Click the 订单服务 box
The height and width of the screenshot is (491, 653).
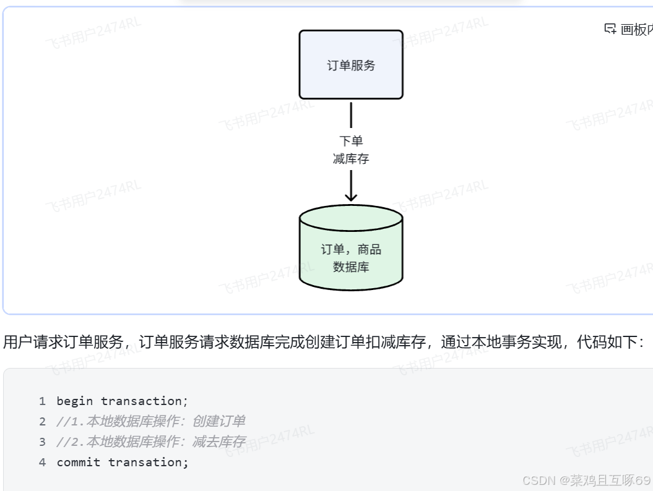coord(351,65)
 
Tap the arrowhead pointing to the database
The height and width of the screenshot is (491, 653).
coord(351,196)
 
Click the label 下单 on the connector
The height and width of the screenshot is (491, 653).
coord(351,141)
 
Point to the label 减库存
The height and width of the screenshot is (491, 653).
coord(351,159)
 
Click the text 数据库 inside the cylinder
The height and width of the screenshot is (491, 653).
coord(351,267)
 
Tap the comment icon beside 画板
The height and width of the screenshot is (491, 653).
coord(610,28)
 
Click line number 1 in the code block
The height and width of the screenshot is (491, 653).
coord(42,401)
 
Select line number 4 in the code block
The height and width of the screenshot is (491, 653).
coord(42,463)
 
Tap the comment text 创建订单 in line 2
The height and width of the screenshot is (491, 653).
coord(219,422)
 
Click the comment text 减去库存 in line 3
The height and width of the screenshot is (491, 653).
coord(219,442)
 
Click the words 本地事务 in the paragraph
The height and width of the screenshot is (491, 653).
coord(500,342)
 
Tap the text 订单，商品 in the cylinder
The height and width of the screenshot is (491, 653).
coord(351,250)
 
